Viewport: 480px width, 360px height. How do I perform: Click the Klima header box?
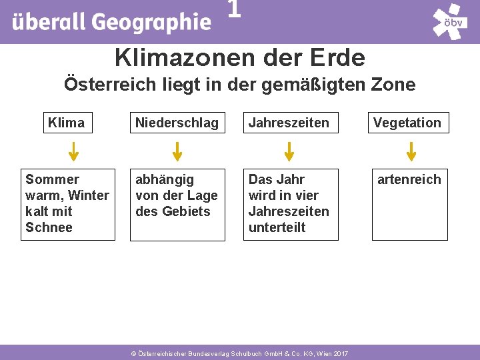coord(66,123)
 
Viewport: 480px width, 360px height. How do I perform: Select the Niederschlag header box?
coord(177,123)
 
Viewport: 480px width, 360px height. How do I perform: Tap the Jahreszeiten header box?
coord(289,123)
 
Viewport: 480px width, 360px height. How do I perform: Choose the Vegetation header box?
coord(407,123)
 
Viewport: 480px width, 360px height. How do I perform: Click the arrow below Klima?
coord(74,151)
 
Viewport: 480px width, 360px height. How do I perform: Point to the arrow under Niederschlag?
coord(177,151)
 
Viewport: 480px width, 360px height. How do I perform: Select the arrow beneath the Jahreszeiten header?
coord(289,151)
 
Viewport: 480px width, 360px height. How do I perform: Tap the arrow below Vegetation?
coord(411,151)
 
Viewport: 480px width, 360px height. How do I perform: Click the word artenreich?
coord(409,179)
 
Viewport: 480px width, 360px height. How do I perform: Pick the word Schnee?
coord(49,227)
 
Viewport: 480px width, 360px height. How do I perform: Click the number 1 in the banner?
coord(233,9)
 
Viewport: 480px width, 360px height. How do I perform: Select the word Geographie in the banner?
coord(151,23)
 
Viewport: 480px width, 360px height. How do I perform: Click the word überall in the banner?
coord(49,23)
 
